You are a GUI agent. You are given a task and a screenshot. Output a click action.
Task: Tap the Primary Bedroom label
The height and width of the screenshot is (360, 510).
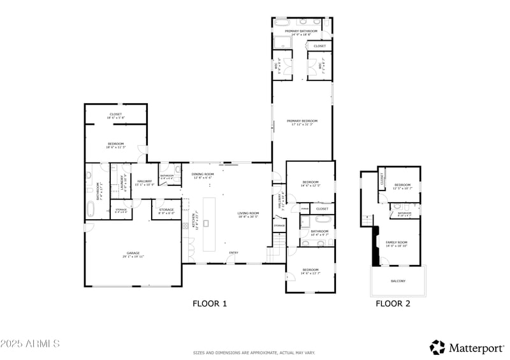(x=302, y=120)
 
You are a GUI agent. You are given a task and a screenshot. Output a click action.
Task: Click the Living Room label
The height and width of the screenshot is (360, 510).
(x=248, y=213)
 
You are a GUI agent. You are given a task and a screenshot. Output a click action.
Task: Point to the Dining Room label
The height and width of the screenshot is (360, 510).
(x=203, y=174)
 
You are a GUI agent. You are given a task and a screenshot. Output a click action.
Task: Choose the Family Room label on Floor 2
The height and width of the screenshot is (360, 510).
(x=397, y=243)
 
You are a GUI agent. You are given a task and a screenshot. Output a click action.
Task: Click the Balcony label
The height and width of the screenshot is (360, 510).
(x=398, y=281)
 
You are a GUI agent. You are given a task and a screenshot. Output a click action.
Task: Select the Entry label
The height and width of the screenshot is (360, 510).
(x=233, y=253)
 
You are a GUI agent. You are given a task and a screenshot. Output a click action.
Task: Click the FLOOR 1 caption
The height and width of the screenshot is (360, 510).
(x=210, y=304)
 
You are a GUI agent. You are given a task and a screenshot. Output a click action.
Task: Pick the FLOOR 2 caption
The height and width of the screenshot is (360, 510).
(x=392, y=304)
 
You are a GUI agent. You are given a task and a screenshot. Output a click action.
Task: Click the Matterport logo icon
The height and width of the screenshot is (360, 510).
(x=437, y=347)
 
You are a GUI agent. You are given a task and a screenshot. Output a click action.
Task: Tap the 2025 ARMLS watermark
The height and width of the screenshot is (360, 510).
(x=30, y=344)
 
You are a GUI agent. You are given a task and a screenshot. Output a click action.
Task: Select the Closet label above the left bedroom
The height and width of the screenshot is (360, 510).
(x=115, y=114)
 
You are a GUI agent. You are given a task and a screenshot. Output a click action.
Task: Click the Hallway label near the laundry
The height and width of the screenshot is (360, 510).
(x=144, y=182)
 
